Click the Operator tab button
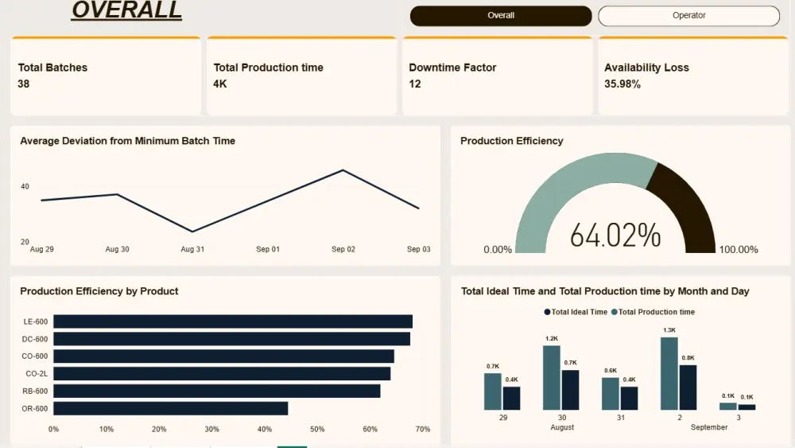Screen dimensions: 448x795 click(688, 16)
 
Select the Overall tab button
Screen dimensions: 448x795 click(501, 16)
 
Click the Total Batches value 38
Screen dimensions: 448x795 click(23, 84)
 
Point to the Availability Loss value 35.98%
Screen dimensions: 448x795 click(622, 84)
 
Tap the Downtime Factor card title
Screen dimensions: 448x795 click(452, 68)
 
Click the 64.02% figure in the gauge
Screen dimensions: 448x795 click(615, 235)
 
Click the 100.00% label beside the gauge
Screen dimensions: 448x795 click(739, 250)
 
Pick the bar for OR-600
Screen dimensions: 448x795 click(170, 408)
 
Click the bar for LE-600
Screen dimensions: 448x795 click(232, 321)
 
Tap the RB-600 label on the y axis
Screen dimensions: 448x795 click(36, 391)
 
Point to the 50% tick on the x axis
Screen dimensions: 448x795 click(317, 429)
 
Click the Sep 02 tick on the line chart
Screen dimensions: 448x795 click(343, 249)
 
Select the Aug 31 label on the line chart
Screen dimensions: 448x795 click(192, 249)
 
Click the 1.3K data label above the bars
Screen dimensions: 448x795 click(669, 329)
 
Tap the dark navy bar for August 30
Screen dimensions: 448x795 click(570, 390)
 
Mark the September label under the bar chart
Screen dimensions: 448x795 click(709, 427)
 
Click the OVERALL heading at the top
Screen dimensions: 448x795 click(126, 10)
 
